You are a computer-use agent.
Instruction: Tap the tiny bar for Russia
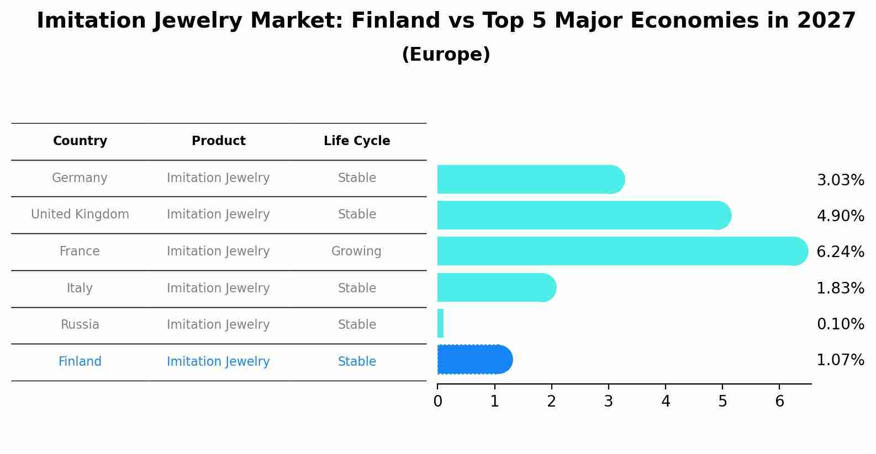[x=440, y=324]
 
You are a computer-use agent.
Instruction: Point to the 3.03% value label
[x=840, y=180]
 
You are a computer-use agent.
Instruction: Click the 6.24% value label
[x=840, y=252]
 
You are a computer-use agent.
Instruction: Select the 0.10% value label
[x=840, y=324]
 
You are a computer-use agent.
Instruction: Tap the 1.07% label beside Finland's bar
[x=840, y=360]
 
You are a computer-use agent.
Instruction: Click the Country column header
[x=80, y=141]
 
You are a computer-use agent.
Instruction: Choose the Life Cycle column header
[x=357, y=141]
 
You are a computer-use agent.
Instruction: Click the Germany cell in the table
[x=80, y=178]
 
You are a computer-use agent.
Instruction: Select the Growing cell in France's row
[x=356, y=252]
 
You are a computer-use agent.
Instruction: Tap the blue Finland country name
[x=80, y=362]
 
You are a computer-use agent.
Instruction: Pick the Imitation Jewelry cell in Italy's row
[x=218, y=289]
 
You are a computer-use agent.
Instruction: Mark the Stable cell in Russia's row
[x=357, y=325]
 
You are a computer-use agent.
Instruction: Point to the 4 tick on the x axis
[x=666, y=402]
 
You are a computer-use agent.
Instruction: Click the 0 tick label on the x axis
[x=437, y=402]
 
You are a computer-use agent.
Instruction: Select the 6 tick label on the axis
[x=779, y=402]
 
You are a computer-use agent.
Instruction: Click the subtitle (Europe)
[x=446, y=55]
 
